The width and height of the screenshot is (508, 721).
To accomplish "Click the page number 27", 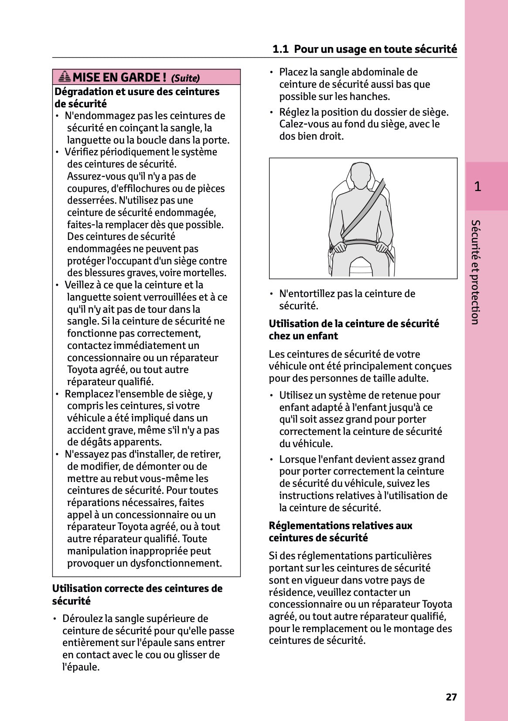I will tap(451, 697).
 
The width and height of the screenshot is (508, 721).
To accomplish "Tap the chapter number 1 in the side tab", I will tap(477, 187).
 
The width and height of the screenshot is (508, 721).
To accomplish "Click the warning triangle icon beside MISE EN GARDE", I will tap(65, 77).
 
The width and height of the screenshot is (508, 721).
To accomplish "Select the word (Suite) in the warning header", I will tap(185, 79).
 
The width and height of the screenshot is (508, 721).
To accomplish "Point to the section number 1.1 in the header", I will tap(280, 49).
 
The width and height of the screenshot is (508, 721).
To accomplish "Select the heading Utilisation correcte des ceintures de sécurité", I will tap(137, 595).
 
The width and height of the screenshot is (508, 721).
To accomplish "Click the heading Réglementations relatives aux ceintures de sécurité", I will tap(340, 532).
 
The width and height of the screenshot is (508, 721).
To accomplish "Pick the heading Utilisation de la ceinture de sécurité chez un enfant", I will tap(354, 330).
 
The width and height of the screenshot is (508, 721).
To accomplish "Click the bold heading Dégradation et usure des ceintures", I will tap(136, 92).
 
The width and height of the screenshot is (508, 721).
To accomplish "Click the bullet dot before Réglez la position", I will tap(272, 113).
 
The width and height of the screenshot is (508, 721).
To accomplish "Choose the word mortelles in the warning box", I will tap(205, 273).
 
